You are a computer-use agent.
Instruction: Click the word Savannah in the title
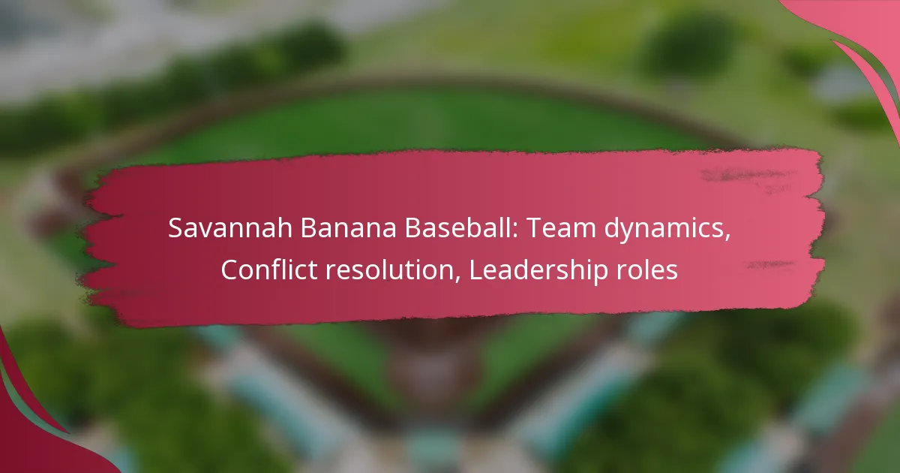coord(229,227)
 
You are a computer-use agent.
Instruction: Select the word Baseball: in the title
coord(460,227)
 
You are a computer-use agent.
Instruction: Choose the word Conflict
coord(268,270)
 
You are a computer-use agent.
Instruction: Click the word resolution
coord(390,270)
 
